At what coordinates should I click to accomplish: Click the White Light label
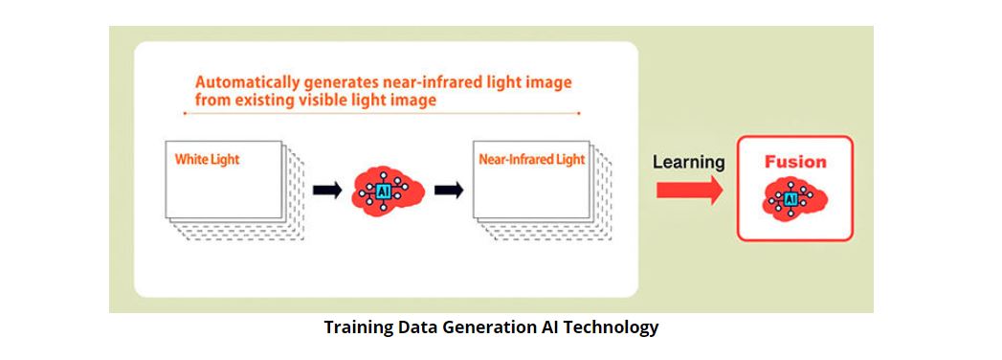tap(207, 159)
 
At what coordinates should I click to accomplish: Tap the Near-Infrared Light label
tap(532, 159)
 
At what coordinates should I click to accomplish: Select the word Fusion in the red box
tap(795, 162)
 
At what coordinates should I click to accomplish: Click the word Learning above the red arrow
tap(689, 163)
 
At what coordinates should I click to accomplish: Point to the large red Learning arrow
tap(689, 191)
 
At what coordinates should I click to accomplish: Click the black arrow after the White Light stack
tap(327, 190)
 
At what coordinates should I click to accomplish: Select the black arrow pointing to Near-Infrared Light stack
tap(449, 190)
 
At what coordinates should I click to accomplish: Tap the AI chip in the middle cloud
tap(384, 191)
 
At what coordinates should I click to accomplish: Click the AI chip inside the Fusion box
tap(790, 199)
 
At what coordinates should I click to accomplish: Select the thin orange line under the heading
tap(382, 113)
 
